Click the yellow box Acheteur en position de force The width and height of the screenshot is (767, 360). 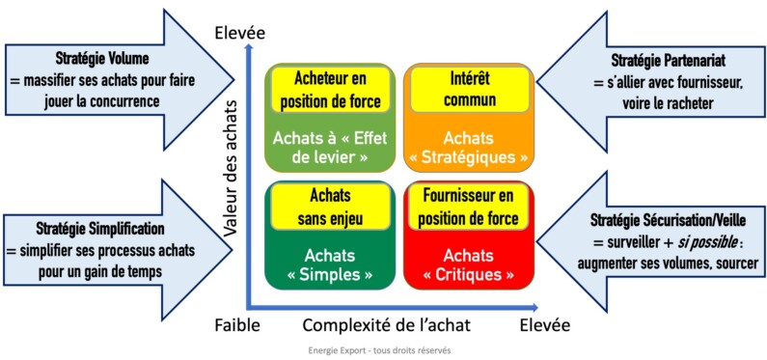tap(329, 90)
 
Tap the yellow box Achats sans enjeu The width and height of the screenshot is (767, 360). tap(327, 208)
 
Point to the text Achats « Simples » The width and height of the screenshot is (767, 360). tap(327, 264)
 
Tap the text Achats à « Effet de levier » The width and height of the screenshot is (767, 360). tap(329, 147)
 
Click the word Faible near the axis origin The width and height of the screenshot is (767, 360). tap(237, 325)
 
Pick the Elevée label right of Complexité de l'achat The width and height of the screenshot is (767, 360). tap(544, 324)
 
